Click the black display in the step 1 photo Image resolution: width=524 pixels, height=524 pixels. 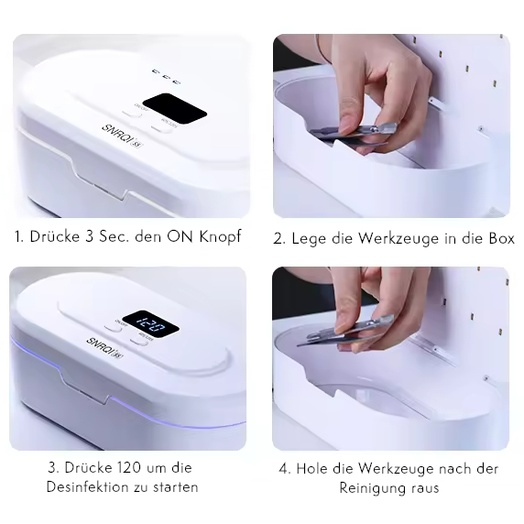pyautogui.click(x=175, y=109)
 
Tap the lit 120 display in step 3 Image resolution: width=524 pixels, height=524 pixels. pyautogui.click(x=150, y=323)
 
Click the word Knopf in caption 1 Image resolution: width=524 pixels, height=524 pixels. pyautogui.click(x=220, y=237)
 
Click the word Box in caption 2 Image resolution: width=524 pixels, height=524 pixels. pyautogui.click(x=502, y=238)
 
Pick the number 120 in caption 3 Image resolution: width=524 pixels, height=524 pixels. pyautogui.click(x=131, y=468)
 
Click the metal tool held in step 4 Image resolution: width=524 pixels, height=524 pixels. pyautogui.click(x=346, y=330)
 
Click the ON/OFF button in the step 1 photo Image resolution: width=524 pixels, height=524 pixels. pyautogui.click(x=132, y=113)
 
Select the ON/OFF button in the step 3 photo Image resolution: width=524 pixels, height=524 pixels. pyautogui.click(x=114, y=328)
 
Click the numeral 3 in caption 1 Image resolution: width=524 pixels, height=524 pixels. pyautogui.click(x=90, y=236)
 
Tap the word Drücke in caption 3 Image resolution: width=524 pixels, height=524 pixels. pyautogui.click(x=84, y=468)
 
